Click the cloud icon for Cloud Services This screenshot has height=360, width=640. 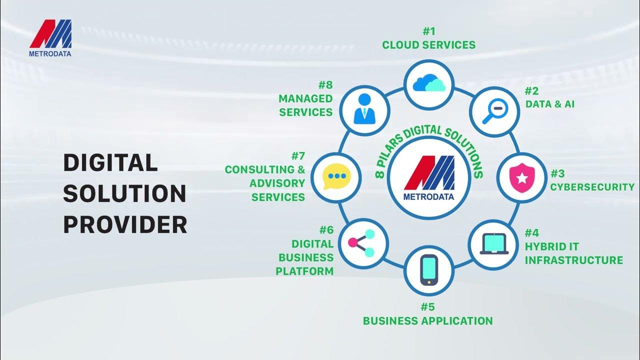[429, 83]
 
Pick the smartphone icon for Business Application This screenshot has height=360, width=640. [429, 270]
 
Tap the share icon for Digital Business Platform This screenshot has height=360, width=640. [362, 243]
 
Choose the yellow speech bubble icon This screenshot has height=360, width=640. [334, 177]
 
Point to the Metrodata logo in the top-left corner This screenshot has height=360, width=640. [50, 38]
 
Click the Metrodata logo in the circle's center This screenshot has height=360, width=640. [429, 177]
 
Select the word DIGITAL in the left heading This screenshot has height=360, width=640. [110, 163]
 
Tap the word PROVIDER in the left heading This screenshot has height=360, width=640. [125, 225]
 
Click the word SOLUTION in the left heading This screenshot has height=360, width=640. [124, 194]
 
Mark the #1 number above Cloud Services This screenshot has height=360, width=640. [429, 31]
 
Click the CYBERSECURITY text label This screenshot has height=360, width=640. [592, 187]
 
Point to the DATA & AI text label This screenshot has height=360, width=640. [549, 104]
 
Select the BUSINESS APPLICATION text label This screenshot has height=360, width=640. [428, 320]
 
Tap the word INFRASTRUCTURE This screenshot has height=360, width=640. [573, 260]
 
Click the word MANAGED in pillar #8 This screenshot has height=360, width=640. [305, 98]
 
